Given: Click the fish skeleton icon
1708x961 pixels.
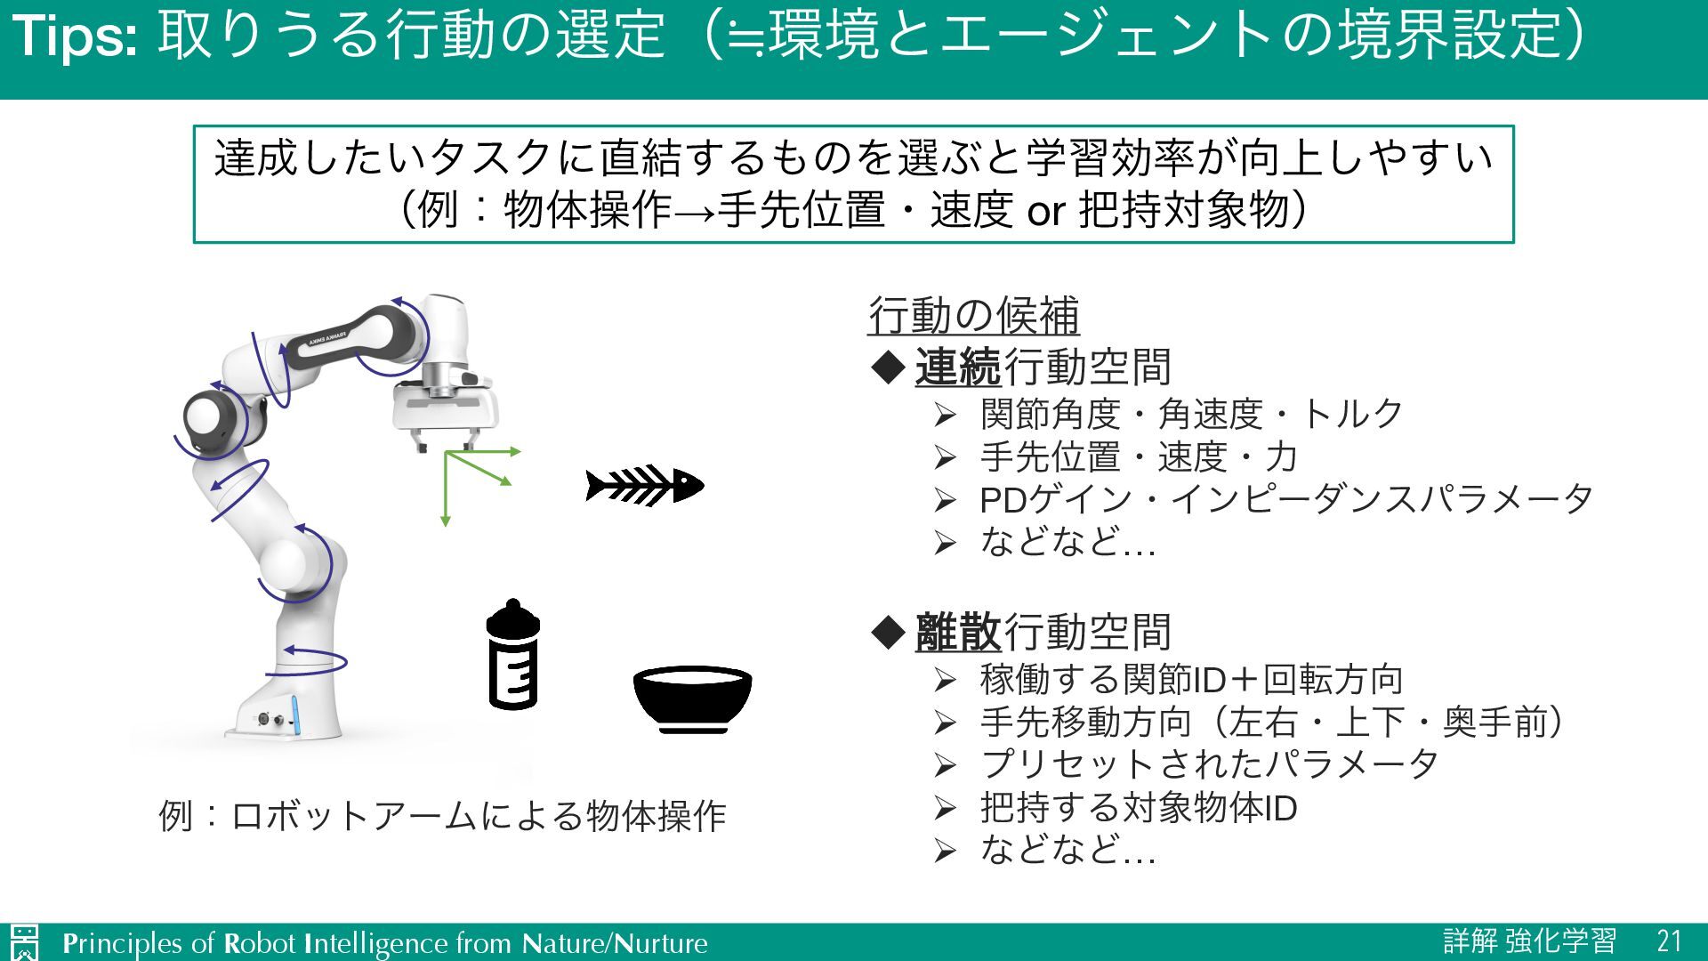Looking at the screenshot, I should pyautogui.click(x=644, y=486).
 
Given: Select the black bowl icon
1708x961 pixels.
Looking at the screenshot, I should pyautogui.click(x=692, y=699).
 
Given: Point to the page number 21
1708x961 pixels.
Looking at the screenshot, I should pyautogui.click(x=1669, y=941).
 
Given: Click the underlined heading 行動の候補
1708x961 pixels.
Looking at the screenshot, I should pyautogui.click(x=973, y=315).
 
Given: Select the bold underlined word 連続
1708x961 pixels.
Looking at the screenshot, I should pyautogui.click(x=958, y=367).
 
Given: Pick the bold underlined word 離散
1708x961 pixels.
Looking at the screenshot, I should pyautogui.click(x=958, y=632).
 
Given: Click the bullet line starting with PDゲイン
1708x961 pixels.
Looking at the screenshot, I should pyautogui.click(x=1285, y=499).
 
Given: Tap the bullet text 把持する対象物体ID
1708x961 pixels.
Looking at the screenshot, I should pyautogui.click(x=1138, y=808).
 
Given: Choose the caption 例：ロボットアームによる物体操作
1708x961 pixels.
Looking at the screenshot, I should pyautogui.click(x=442, y=816).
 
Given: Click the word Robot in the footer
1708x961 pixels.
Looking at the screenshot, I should pyautogui.click(x=259, y=943).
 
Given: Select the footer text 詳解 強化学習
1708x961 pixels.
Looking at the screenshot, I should pyautogui.click(x=1529, y=941).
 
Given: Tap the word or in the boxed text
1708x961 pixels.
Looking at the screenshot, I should pyautogui.click(x=1046, y=212).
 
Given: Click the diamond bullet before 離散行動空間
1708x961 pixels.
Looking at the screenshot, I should pyautogui.click(x=887, y=633).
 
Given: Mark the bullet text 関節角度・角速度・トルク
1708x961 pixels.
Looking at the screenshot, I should pyautogui.click(x=1191, y=414).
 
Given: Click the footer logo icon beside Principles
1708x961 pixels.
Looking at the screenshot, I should pyautogui.click(x=25, y=942).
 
